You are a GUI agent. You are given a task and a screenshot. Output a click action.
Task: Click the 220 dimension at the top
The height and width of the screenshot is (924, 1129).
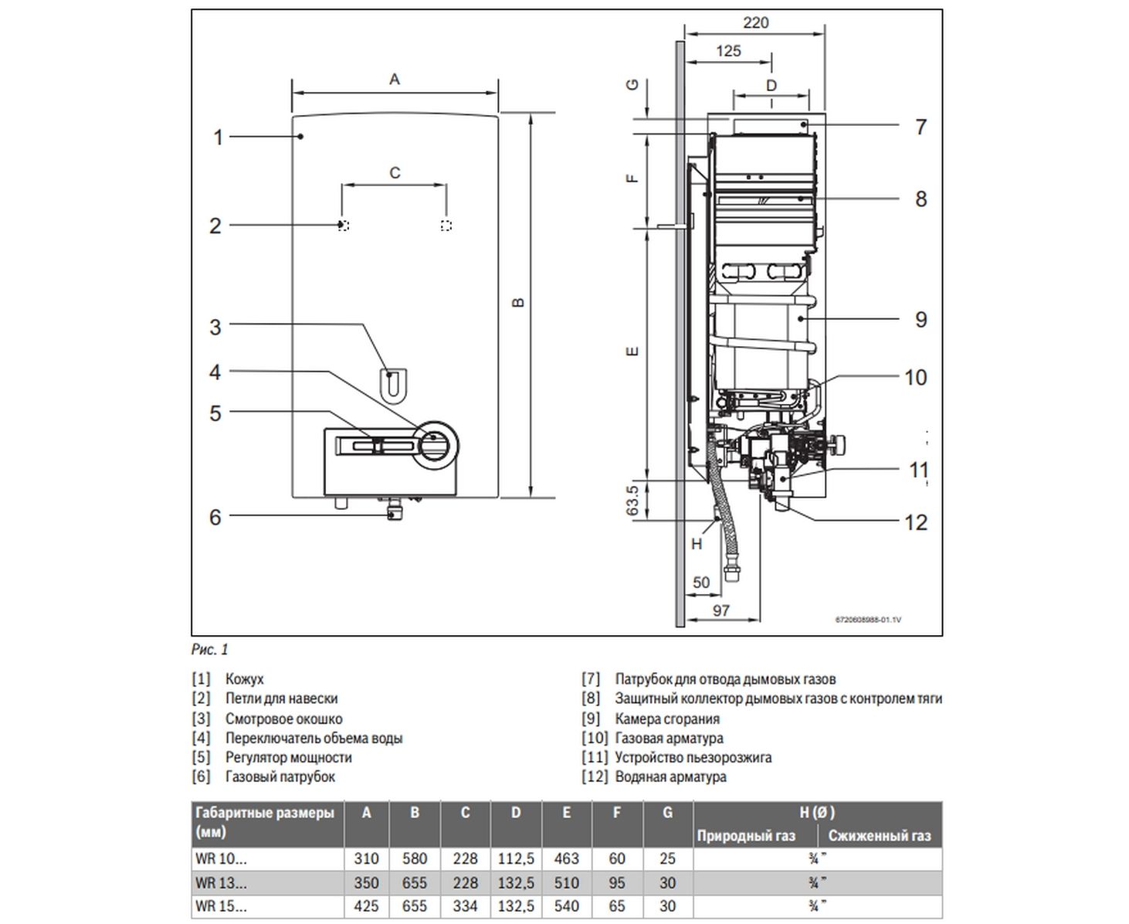tap(755, 22)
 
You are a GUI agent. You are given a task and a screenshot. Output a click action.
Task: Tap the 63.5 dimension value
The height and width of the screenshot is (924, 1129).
tap(632, 500)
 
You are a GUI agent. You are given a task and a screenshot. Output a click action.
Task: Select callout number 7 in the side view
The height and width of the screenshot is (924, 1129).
tap(920, 127)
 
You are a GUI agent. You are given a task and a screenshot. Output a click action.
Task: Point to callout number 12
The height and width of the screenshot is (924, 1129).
tap(915, 522)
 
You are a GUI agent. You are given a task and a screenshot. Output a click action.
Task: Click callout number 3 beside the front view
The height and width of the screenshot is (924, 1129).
tap(215, 327)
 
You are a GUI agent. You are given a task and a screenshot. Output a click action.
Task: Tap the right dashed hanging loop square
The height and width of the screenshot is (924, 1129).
tap(446, 226)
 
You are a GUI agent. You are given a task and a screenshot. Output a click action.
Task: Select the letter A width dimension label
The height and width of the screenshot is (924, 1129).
tap(395, 79)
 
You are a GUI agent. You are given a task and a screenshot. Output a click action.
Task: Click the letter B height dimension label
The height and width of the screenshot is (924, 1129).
tap(518, 302)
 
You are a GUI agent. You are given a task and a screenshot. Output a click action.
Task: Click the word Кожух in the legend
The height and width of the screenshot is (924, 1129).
tap(244, 679)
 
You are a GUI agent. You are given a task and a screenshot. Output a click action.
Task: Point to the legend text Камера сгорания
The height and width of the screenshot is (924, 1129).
tap(666, 718)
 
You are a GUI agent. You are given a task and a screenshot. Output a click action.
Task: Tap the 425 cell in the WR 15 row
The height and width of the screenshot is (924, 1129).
tap(366, 905)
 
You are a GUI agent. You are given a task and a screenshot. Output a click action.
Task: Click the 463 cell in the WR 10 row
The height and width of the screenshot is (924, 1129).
tap(566, 858)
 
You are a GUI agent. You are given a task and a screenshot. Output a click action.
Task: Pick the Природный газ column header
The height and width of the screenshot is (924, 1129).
tap(745, 835)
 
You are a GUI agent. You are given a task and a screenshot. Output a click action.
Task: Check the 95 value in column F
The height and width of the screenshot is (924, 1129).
tap(616, 882)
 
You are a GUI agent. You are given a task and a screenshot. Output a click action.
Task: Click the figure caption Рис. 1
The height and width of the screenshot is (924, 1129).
tap(210, 650)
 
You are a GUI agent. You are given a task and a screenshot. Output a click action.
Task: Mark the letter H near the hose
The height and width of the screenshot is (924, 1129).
tap(697, 544)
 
